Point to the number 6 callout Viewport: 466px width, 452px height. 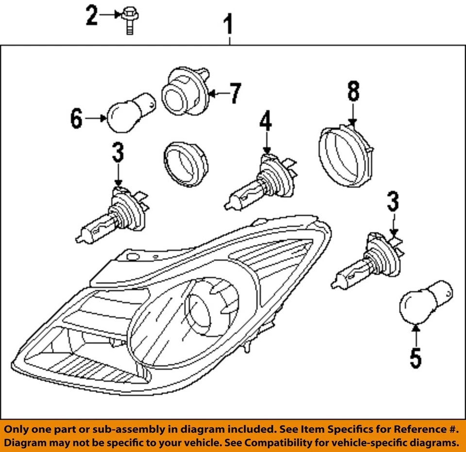(x=76, y=118)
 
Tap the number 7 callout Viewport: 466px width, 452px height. (x=235, y=93)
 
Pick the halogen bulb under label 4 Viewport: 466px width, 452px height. (x=257, y=182)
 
